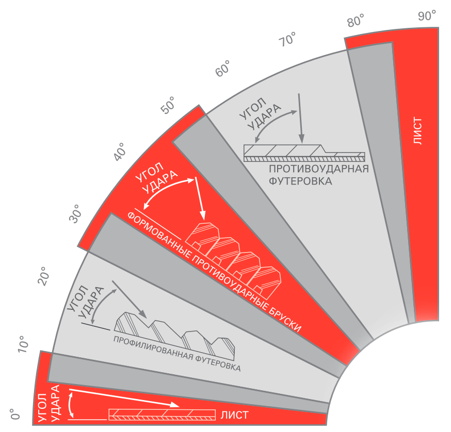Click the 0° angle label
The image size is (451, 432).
15,414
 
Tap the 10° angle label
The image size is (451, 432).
23,344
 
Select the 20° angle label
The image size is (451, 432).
43,276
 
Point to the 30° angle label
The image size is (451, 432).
75,214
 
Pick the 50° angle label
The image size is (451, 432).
168,105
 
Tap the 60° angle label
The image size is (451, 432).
223,69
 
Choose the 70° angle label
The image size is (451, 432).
287,39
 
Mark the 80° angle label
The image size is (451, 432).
356,21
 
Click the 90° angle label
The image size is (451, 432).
427,15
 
